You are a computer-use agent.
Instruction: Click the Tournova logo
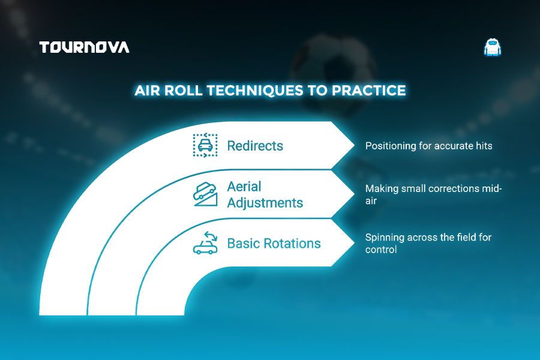coord(85,47)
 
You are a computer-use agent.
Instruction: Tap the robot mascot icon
coord(493,47)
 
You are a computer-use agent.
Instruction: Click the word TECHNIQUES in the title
coord(255,90)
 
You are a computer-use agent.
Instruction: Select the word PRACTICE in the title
coord(368,90)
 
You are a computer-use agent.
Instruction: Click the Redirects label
coord(255,146)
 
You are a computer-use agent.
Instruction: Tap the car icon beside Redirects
coord(205,145)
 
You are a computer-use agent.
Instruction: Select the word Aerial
coord(244,187)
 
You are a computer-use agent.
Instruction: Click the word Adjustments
coord(265,203)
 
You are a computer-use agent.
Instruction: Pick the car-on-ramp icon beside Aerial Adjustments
coord(205,194)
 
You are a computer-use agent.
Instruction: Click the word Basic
coord(242,243)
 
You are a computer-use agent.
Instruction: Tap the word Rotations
coord(292,243)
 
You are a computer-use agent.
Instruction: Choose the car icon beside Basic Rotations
coord(205,243)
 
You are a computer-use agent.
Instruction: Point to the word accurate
coord(453,146)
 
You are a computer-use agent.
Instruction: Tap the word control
coord(381,250)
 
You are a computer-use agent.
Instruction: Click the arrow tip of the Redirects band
coord(355,145)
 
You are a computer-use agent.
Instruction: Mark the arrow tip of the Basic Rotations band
coord(355,243)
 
